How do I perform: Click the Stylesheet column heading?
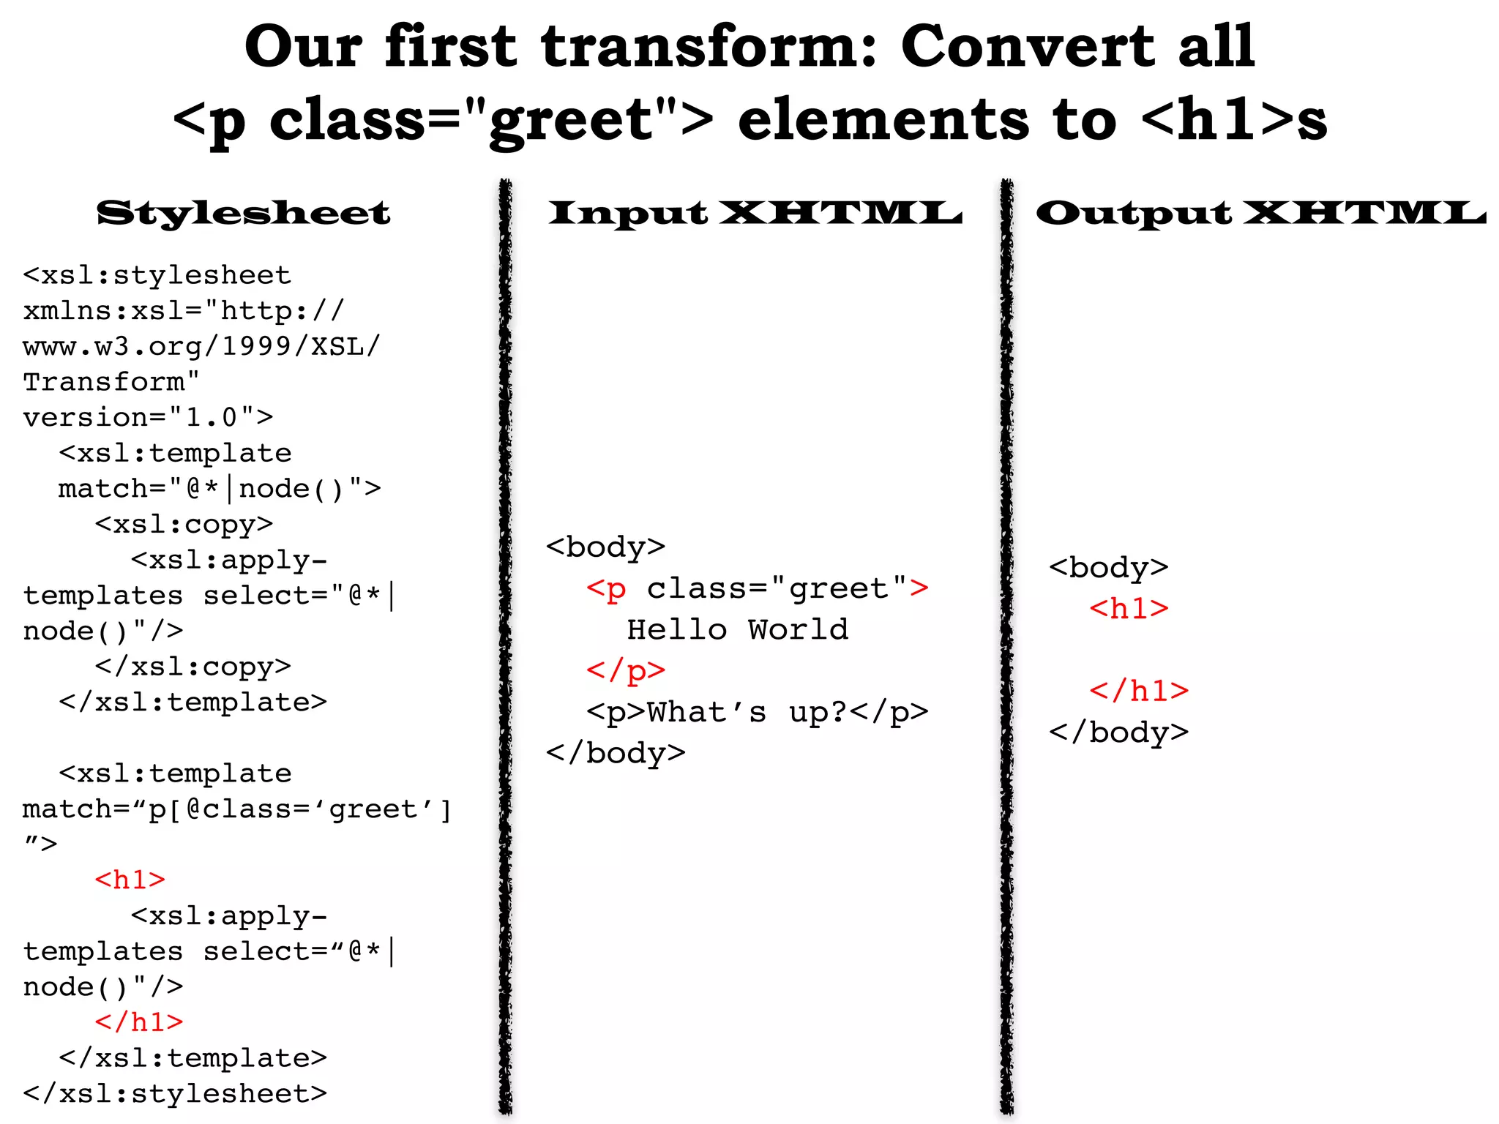click(x=243, y=213)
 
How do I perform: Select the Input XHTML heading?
click(x=755, y=213)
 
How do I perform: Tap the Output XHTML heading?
click(x=1260, y=213)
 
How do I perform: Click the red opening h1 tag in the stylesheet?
click(x=130, y=880)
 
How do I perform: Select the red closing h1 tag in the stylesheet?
click(x=139, y=1022)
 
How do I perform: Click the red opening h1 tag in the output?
click(x=1129, y=609)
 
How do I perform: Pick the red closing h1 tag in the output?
click(x=1139, y=691)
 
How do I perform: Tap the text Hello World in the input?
click(x=738, y=629)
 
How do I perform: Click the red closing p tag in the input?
click(x=626, y=670)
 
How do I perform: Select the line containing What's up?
click(x=757, y=712)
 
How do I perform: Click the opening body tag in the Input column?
click(x=605, y=547)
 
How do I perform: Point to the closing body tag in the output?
click(x=1118, y=733)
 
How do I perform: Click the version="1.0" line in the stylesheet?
click(x=148, y=417)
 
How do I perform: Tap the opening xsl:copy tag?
click(x=184, y=524)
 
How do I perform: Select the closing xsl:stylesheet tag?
click(x=175, y=1093)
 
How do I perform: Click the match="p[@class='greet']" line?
click(x=237, y=809)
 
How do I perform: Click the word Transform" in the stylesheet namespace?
click(x=111, y=382)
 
